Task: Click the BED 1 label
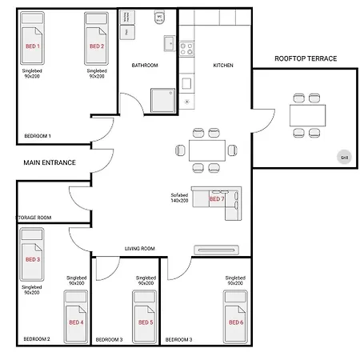(33, 47)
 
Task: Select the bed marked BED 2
(96, 47)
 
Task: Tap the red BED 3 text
(33, 259)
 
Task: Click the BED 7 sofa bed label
(217, 198)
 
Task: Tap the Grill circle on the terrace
(344, 158)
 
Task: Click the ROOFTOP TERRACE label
(306, 58)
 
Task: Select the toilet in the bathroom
(160, 16)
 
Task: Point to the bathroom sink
(167, 45)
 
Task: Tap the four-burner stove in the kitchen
(187, 47)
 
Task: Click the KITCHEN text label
(223, 66)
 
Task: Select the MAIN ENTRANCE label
(49, 162)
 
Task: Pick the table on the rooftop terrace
(308, 116)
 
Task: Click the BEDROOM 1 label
(38, 136)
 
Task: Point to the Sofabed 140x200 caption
(179, 198)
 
